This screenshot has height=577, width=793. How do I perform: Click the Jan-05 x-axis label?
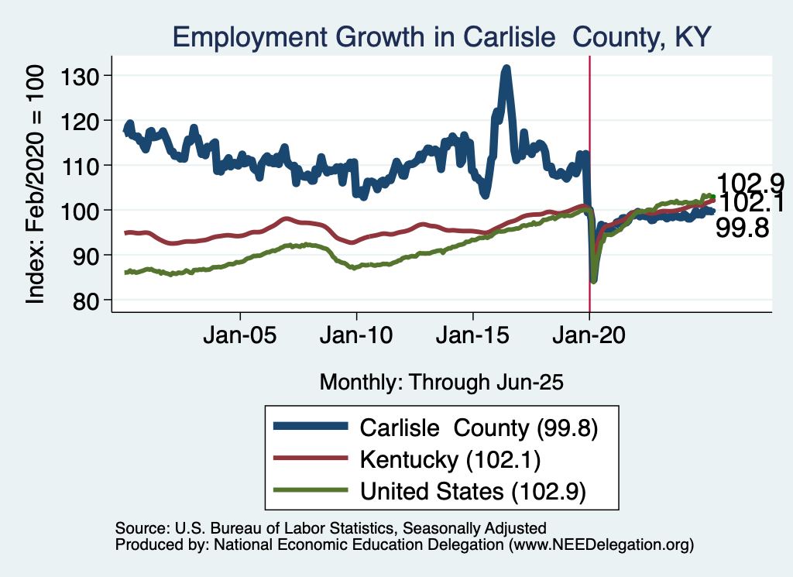240,337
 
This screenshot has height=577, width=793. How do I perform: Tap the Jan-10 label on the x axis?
356,337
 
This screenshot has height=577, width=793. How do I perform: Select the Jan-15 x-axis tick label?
472,337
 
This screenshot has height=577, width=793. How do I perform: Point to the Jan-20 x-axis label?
589,337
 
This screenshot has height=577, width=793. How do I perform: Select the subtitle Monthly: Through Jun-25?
441,382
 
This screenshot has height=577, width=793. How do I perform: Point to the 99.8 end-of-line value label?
743,227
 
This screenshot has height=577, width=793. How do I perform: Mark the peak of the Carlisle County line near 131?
506,69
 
